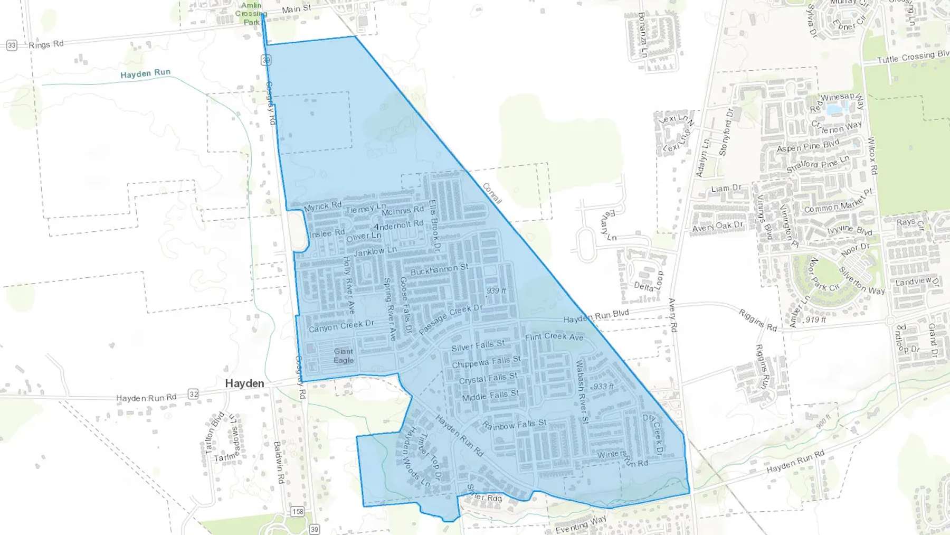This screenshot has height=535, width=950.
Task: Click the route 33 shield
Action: (12, 45)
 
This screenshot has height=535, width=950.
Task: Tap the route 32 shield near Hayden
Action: (194, 394)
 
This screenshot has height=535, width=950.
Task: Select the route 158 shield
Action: (298, 511)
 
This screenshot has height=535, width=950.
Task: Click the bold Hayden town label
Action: (244, 383)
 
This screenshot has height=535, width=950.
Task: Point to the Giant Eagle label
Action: (344, 355)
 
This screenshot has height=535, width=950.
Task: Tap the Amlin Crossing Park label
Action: (251, 14)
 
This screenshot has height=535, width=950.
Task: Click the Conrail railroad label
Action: (492, 193)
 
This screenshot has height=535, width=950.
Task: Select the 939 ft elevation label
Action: (496, 291)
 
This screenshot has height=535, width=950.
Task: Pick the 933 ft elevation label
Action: (603, 387)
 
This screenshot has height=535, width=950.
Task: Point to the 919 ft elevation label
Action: (815, 320)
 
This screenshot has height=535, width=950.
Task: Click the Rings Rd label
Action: (46, 44)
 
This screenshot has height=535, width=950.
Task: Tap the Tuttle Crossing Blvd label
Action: (913, 57)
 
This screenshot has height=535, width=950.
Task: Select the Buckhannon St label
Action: (439, 270)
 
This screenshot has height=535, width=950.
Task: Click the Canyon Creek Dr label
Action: (341, 326)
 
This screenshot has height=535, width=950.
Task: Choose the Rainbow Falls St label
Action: (515, 425)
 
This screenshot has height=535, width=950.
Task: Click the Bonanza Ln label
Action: (642, 34)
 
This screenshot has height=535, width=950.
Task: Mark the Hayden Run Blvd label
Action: (596, 316)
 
